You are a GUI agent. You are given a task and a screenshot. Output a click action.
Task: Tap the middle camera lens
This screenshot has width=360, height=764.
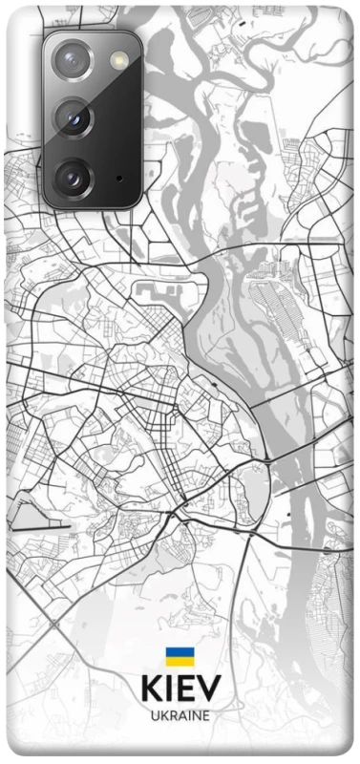[x=73, y=118]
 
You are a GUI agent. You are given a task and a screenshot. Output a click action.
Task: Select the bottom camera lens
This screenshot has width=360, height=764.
[x=73, y=177]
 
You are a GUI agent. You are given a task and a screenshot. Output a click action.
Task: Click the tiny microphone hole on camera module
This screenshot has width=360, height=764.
[x=118, y=177]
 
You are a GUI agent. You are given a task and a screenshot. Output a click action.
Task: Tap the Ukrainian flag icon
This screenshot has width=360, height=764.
[x=180, y=656]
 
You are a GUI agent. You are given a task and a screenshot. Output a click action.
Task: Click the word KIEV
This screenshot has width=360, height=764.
[x=180, y=689]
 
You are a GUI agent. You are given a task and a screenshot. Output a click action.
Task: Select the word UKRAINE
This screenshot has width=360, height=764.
[x=180, y=714]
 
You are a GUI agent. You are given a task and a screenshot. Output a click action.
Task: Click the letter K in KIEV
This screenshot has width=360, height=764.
[x=151, y=689]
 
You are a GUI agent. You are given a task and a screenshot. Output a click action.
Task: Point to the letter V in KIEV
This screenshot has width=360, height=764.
[x=209, y=689]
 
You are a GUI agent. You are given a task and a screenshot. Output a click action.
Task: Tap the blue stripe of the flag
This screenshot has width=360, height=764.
[x=180, y=651]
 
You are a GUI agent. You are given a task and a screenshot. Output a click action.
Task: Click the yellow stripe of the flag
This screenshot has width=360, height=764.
[x=180, y=661]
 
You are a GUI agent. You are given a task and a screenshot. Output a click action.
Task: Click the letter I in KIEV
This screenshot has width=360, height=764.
[x=171, y=689]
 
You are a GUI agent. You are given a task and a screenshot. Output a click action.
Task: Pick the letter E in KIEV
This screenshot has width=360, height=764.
[x=186, y=689]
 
